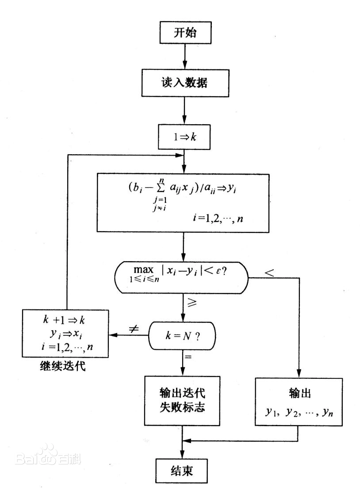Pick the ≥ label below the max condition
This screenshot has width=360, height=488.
tap(193, 304)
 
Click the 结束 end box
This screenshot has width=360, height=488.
tap(182, 470)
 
